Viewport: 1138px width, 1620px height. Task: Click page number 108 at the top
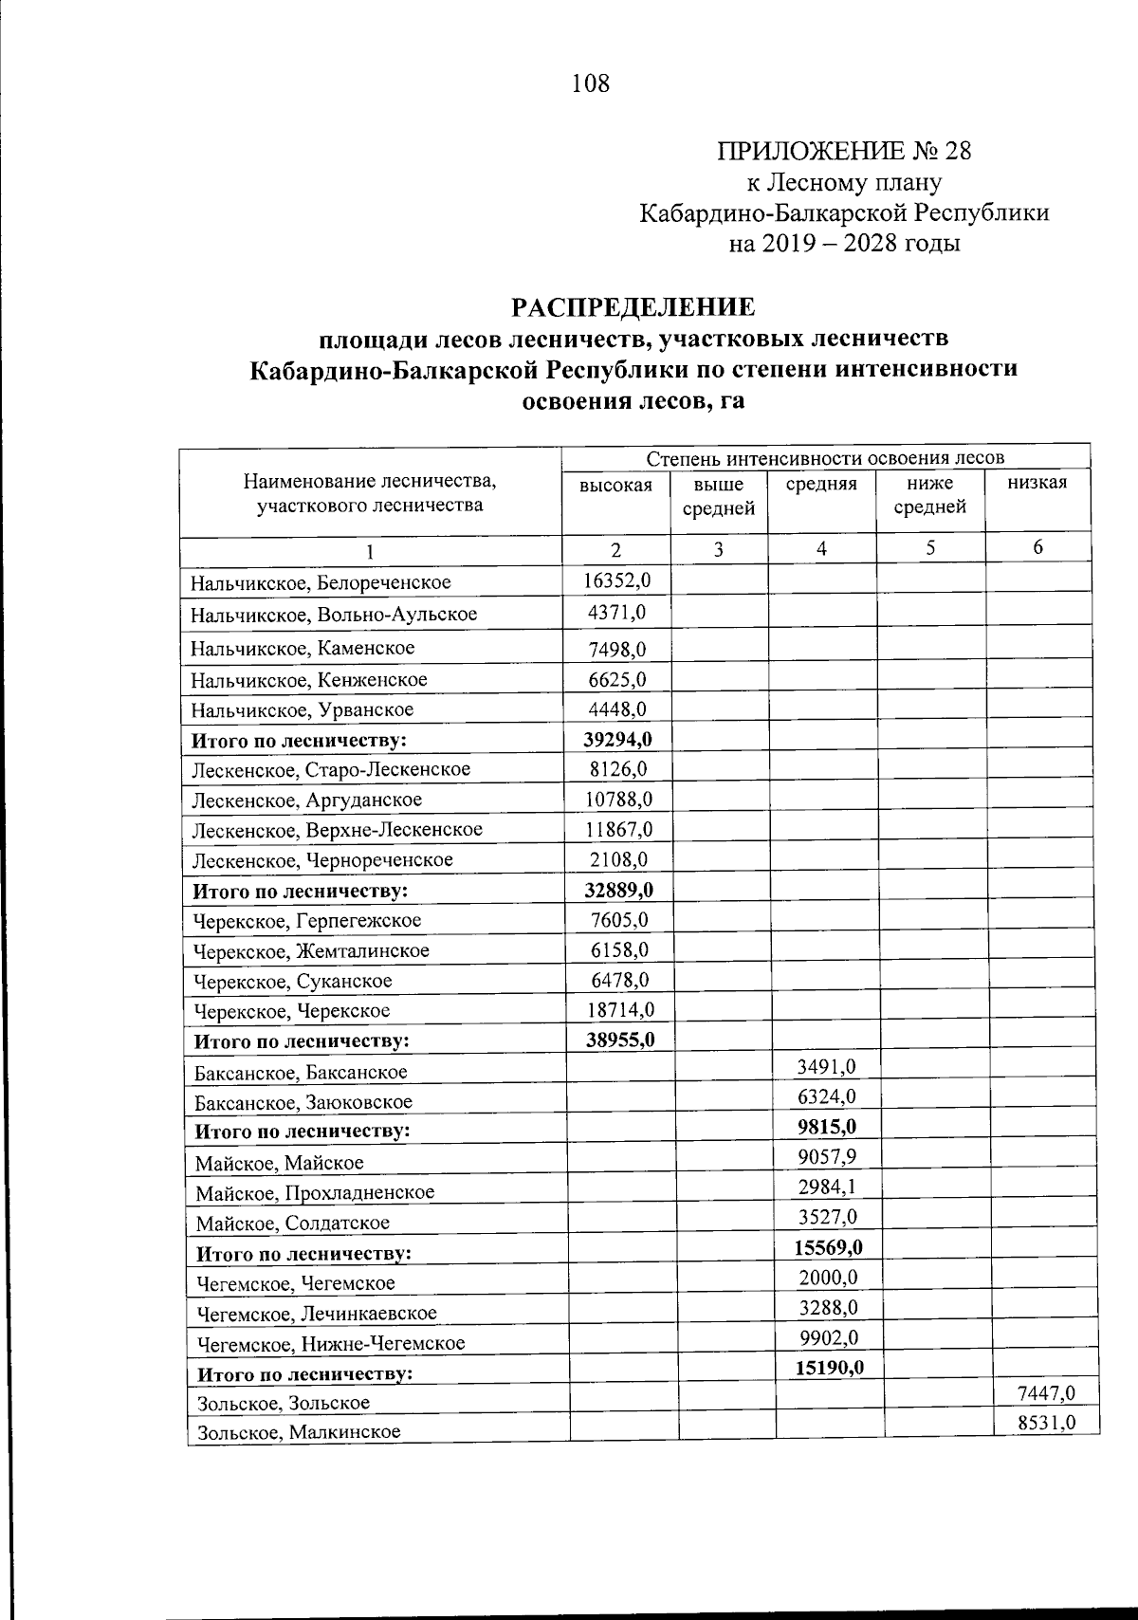click(590, 84)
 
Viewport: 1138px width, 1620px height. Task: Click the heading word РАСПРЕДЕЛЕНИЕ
click(633, 307)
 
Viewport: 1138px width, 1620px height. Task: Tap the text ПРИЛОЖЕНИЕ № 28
click(844, 152)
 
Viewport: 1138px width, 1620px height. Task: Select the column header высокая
click(616, 485)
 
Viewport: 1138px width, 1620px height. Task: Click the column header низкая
click(1037, 483)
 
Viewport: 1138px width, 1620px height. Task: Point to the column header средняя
click(821, 484)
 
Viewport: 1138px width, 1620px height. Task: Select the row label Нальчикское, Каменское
click(303, 648)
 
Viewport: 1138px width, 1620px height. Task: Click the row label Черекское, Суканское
click(292, 981)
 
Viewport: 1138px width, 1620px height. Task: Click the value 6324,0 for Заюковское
click(827, 1096)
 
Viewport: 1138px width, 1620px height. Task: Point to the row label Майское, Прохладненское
click(315, 1192)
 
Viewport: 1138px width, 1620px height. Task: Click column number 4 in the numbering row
click(821, 548)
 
